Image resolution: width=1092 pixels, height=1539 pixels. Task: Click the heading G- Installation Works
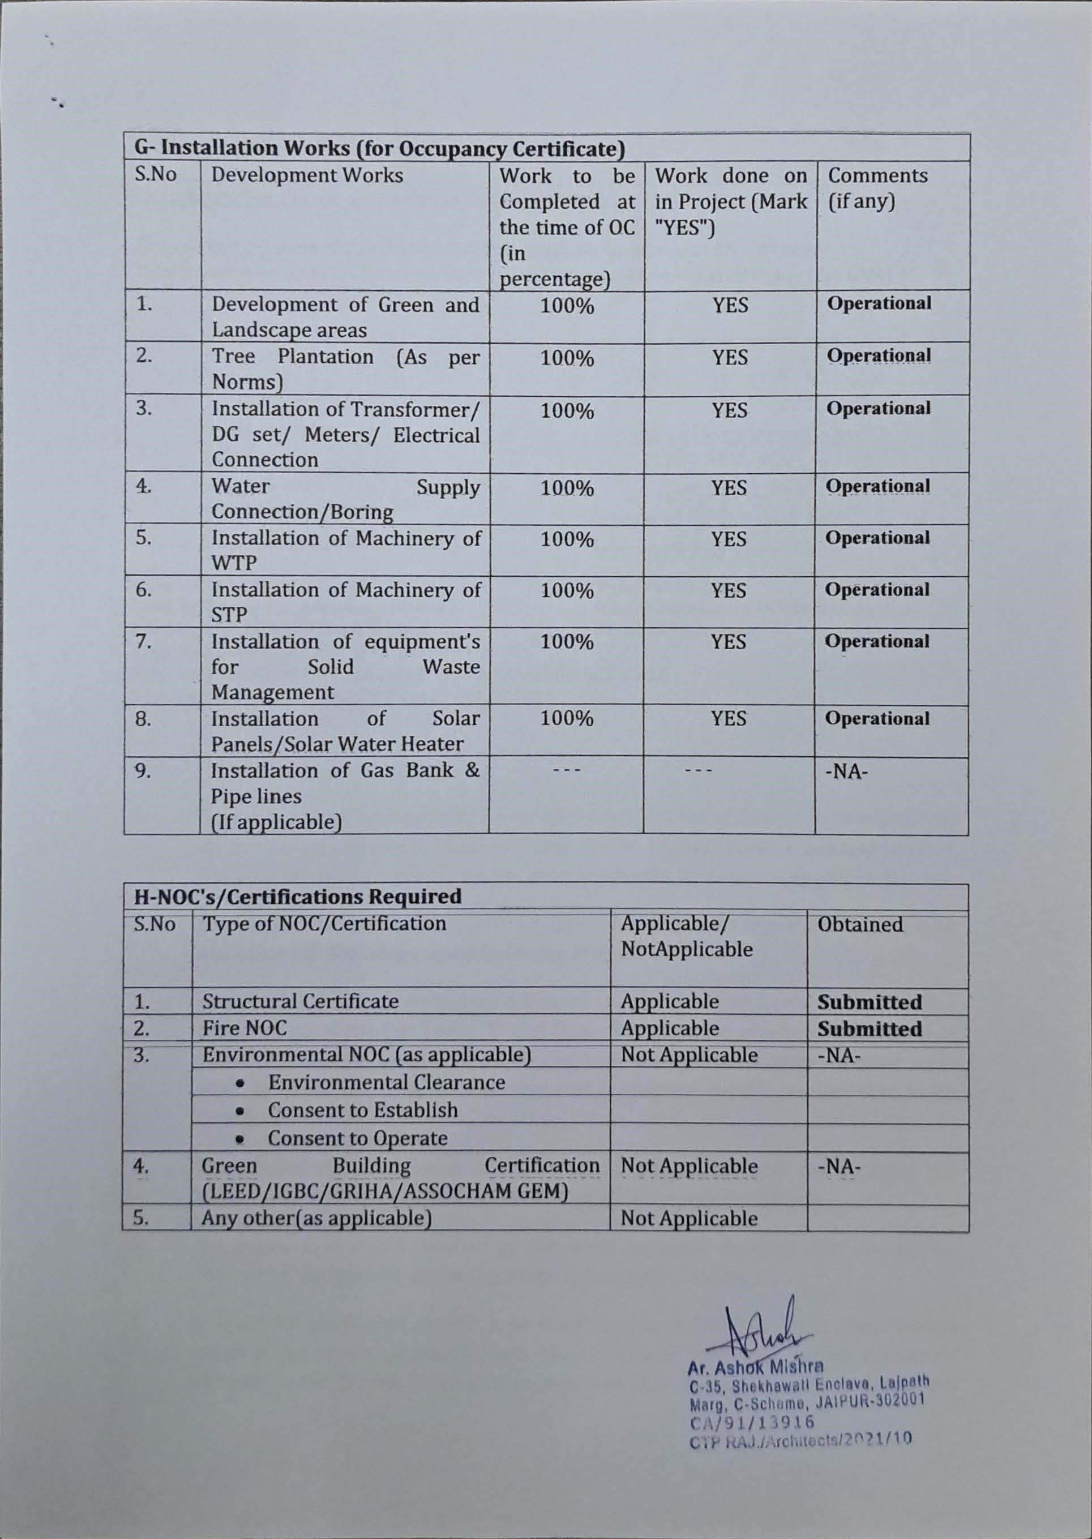click(376, 147)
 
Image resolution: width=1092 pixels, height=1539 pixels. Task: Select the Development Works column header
click(307, 175)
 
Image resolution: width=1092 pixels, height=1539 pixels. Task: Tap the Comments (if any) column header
click(877, 188)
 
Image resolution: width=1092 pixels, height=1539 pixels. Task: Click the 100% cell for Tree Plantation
click(567, 358)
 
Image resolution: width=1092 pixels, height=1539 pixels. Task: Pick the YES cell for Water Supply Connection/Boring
click(730, 487)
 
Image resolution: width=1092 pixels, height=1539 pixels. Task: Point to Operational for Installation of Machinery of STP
click(877, 590)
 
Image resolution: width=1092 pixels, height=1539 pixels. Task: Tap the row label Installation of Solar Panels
click(346, 731)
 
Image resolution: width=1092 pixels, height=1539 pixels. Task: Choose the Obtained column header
click(860, 924)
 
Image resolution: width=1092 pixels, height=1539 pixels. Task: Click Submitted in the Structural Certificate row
click(870, 1002)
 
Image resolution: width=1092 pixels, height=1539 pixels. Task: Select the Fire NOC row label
click(244, 1028)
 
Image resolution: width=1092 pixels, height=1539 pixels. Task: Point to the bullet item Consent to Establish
click(362, 1110)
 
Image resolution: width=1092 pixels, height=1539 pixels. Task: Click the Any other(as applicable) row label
click(316, 1218)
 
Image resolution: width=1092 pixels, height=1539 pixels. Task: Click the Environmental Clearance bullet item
click(386, 1082)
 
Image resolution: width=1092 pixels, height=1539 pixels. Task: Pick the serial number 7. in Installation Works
click(144, 642)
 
